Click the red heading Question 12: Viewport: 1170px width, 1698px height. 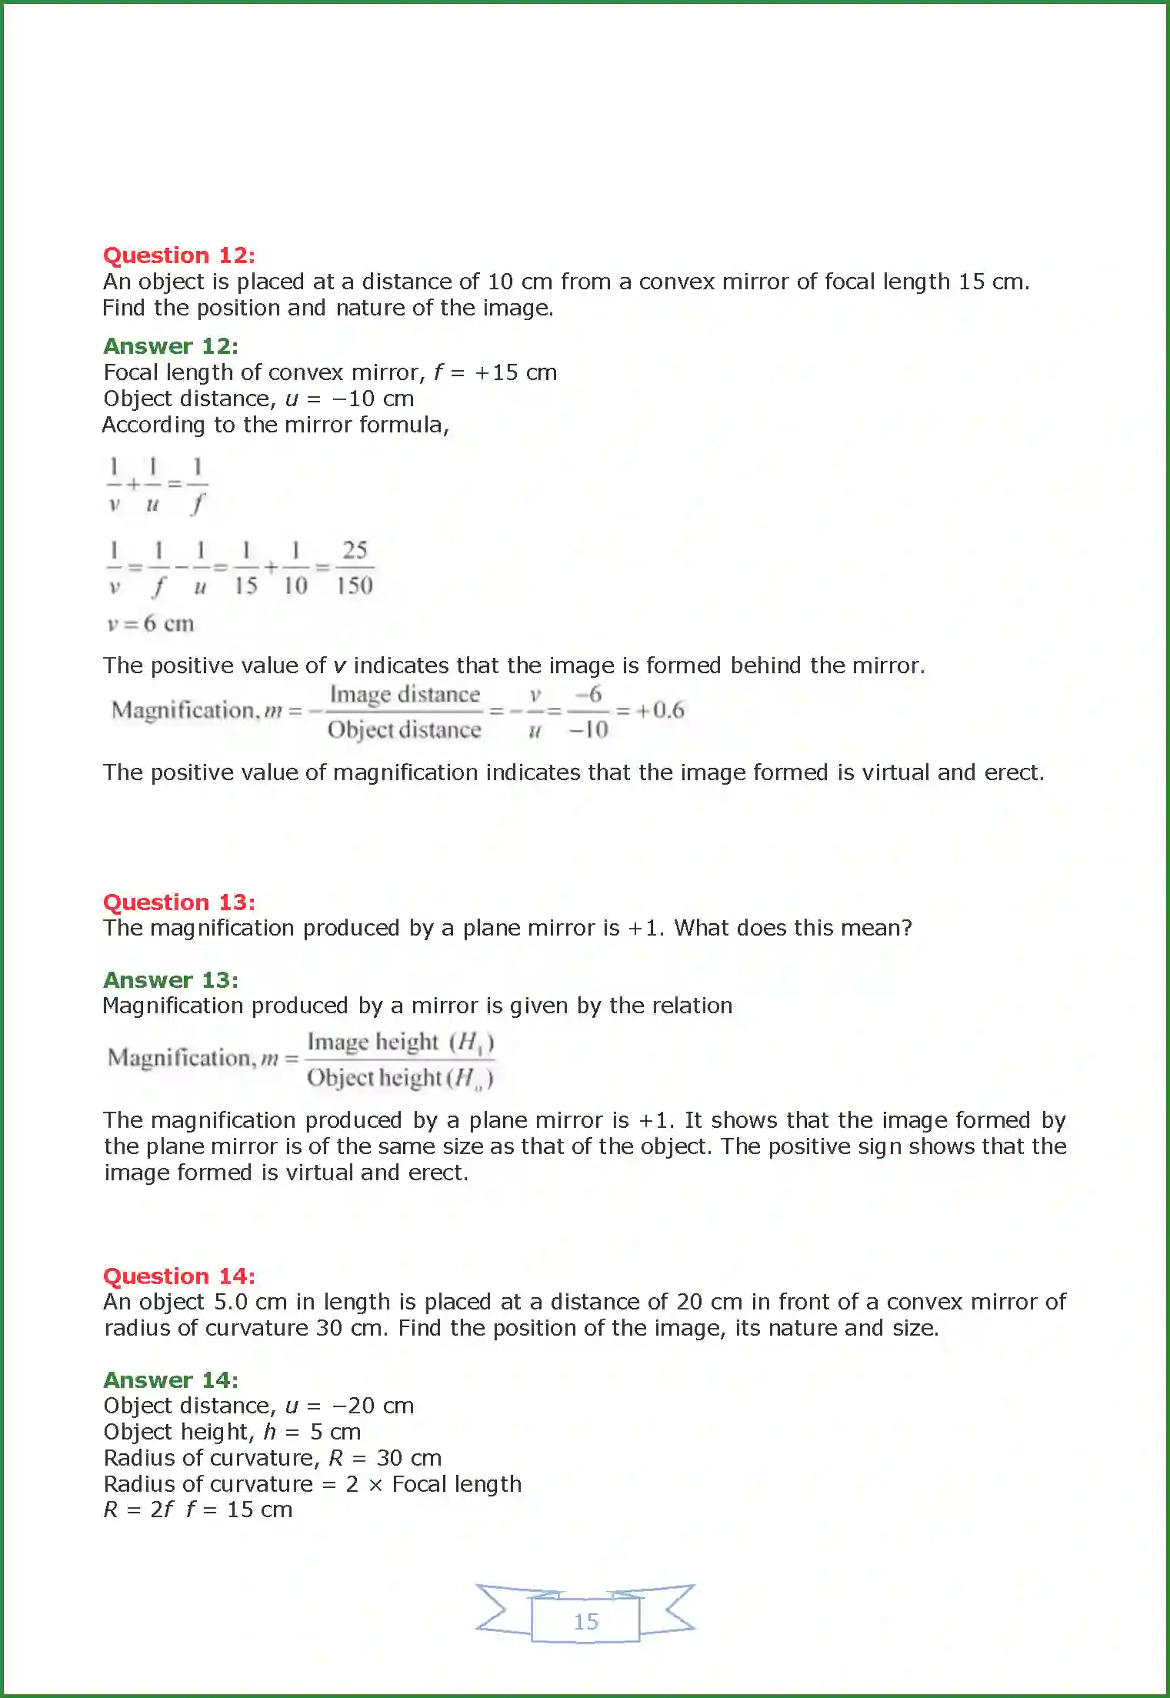tap(178, 255)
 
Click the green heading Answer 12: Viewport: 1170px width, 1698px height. tap(171, 346)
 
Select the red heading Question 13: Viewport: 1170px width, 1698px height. tap(178, 902)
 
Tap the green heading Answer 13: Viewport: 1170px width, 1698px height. tap(171, 979)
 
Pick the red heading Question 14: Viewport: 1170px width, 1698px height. tap(178, 1276)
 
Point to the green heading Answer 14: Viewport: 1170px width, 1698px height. tap(171, 1379)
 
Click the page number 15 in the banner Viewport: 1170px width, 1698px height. tap(585, 1621)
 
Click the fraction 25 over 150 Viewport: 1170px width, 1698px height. tap(355, 568)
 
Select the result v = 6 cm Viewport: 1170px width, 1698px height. tap(150, 623)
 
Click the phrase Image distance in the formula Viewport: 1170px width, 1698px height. tap(405, 694)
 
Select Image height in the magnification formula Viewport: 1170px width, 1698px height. tap(373, 1042)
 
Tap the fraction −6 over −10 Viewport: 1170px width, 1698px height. tap(588, 712)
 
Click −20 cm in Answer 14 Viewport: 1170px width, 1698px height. tap(372, 1406)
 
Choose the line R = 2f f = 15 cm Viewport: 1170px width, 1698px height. tap(198, 1510)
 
